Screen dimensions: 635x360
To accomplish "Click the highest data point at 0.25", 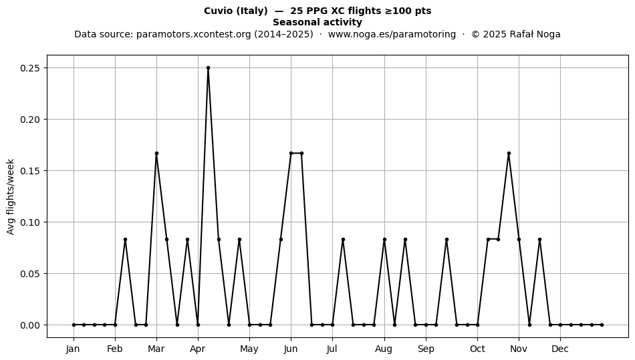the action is pos(208,68).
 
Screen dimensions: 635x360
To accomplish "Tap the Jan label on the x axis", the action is pos(74,349).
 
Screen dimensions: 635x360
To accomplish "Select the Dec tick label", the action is pos(560,349).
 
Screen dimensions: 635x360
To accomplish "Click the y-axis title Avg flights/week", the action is pos(11,196).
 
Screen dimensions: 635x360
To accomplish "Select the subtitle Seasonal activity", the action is pos(317,22).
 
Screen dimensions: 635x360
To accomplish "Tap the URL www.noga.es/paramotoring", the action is pos(392,34).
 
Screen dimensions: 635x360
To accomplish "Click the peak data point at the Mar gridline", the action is pos(156,154).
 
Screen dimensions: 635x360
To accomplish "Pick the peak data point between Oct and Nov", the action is pos(509,154).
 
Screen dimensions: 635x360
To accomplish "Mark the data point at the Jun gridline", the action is pos(291,154).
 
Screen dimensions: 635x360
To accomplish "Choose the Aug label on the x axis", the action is pos(384,349).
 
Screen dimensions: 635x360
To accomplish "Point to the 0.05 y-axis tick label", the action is pos(31,274).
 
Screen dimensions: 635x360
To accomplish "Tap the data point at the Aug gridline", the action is pos(384,240).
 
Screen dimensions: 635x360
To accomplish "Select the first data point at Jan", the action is pos(74,325).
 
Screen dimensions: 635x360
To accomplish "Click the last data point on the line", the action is pos(602,325).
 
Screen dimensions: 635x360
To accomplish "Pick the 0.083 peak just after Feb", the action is pos(125,240).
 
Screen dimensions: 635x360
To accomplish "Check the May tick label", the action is pos(249,349).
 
